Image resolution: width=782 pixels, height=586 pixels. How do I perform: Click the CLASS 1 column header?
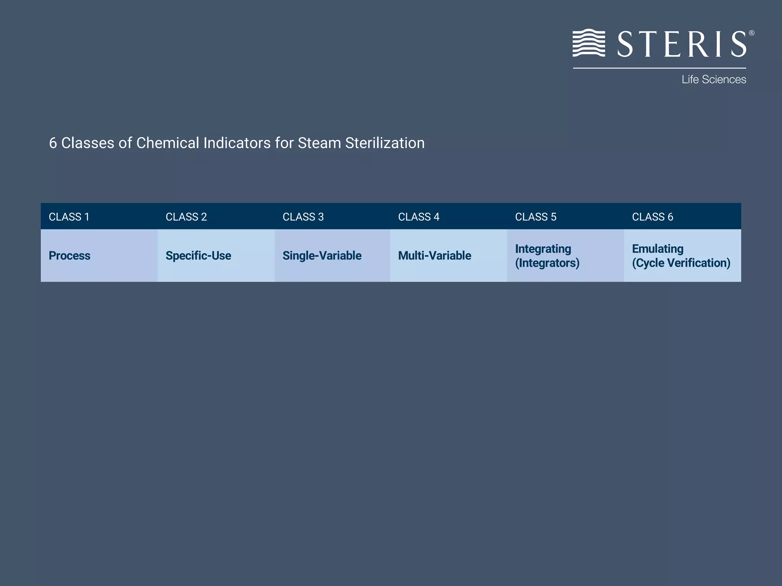[69, 217]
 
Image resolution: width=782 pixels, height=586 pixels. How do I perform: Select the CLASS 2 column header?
[186, 217]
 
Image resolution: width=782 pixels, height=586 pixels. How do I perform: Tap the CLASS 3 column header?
[303, 217]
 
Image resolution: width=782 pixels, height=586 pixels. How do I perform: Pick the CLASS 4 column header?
[418, 217]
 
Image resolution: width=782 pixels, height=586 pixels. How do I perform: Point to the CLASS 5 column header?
[535, 217]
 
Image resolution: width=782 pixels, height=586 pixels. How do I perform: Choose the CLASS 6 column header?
[652, 217]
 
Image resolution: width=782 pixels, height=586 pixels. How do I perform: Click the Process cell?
[69, 256]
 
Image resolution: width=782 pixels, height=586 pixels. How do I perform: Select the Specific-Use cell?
[198, 256]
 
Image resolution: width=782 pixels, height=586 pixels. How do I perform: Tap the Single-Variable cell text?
[322, 256]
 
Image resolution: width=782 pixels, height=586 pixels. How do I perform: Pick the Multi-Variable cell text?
[435, 256]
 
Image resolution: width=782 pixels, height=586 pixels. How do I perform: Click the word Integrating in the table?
[543, 249]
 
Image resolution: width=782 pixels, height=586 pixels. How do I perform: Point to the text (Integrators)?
[547, 263]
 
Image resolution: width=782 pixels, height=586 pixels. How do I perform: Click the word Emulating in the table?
[658, 249]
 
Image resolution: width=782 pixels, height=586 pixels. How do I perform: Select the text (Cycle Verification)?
[681, 263]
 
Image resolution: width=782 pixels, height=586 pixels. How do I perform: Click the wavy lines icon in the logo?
[589, 43]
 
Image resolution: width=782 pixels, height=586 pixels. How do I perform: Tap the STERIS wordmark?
[682, 44]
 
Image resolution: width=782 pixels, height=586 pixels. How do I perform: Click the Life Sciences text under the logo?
[714, 79]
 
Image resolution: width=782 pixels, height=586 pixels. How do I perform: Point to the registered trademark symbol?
[751, 33]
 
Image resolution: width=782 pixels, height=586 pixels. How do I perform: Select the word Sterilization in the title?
[385, 143]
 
